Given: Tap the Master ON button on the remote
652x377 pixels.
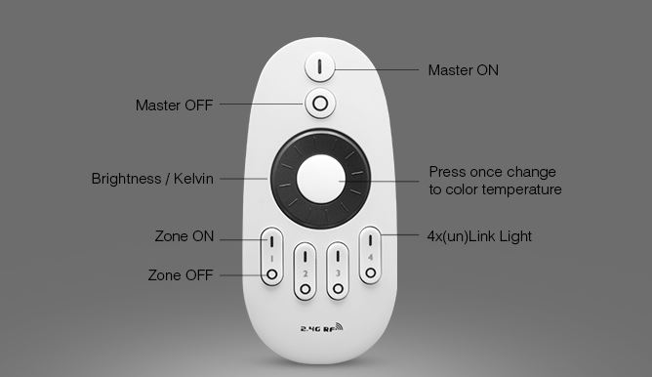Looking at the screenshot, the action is (319, 66).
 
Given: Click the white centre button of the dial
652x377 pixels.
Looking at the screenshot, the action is (321, 179).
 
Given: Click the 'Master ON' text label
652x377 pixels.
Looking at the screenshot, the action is (464, 70).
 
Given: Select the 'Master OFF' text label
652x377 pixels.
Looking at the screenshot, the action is (175, 105).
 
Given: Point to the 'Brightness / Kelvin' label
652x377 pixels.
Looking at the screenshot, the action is (152, 179).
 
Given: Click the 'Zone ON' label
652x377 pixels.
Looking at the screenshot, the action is (184, 236).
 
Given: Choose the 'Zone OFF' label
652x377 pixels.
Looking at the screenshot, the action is (181, 275).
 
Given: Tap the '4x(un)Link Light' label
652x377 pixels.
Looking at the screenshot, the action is (479, 236).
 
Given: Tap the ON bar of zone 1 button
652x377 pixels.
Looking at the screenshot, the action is (271, 241).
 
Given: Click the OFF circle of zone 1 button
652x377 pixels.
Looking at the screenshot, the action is (272, 274).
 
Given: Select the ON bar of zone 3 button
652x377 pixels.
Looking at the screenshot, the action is (338, 256).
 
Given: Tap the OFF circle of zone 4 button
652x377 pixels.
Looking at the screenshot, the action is (371, 272).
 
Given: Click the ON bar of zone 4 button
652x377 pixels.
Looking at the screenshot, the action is (370, 240).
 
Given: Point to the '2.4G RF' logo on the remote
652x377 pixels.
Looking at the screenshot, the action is (321, 328).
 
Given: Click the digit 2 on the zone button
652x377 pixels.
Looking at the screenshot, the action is (306, 273).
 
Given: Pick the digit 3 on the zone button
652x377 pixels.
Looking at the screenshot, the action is (338, 272).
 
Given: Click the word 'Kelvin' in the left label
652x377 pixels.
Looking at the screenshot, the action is (193, 179).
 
